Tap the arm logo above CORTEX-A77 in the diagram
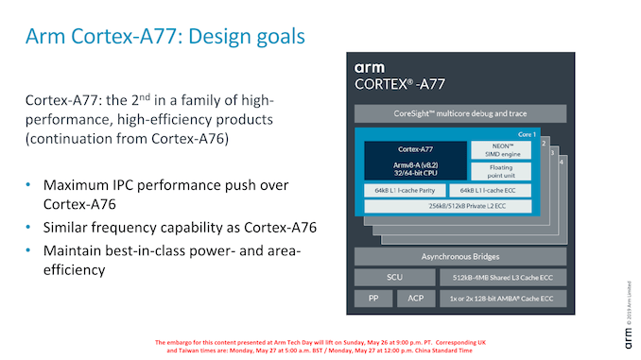click(371, 67)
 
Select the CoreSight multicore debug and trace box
click(459, 114)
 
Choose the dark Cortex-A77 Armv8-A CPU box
click(415, 161)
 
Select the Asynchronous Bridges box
click(459, 257)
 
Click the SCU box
click(394, 278)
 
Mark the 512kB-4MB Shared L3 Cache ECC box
click(503, 278)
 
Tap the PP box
click(372, 299)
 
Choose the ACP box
click(415, 299)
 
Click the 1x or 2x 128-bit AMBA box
click(503, 299)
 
